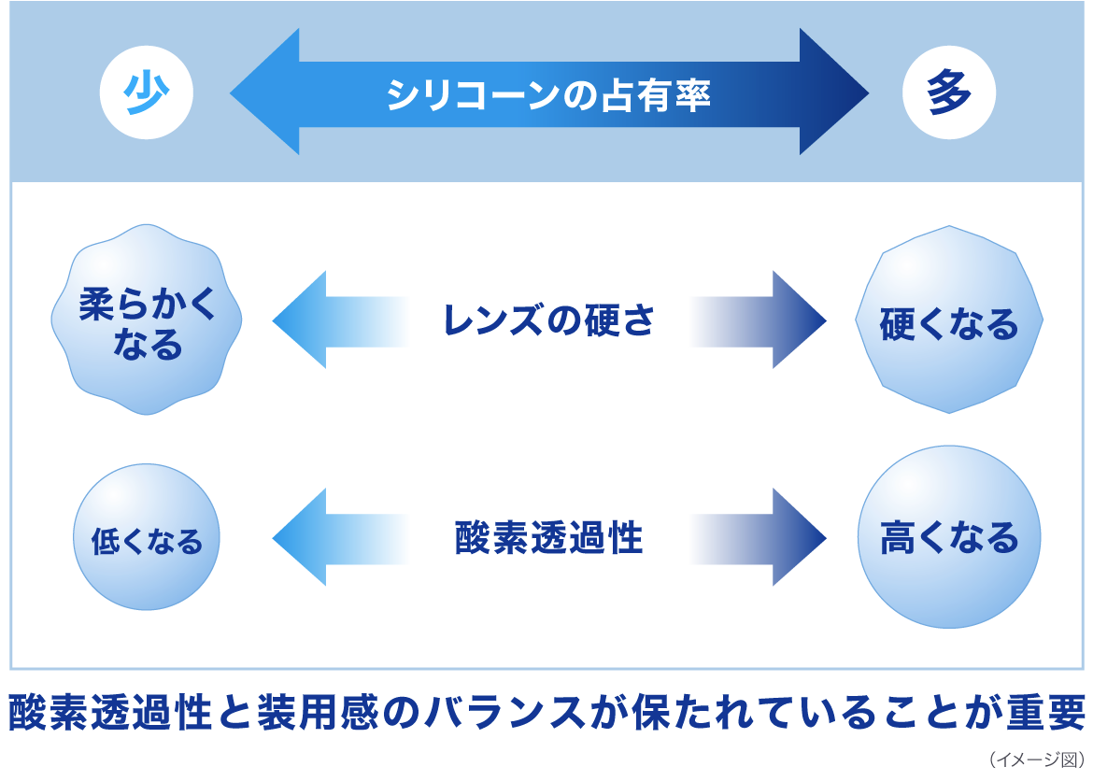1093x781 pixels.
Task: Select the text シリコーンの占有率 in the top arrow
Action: click(548, 93)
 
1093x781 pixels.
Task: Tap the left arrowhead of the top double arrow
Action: click(266, 92)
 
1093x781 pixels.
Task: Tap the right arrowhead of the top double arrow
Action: click(831, 92)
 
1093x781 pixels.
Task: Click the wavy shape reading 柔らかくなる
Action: click(147, 319)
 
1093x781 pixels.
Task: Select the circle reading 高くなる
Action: click(949, 537)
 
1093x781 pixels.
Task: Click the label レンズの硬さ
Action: click(548, 320)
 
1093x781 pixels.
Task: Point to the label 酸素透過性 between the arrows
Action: click(548, 538)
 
